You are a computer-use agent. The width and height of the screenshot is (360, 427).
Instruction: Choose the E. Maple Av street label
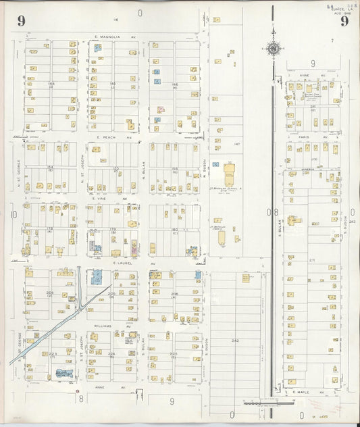pyautogui.click(x=305, y=391)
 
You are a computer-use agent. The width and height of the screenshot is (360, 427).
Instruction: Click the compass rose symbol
pyautogui.click(x=274, y=49)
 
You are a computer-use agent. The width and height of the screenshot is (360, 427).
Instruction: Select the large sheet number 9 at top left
pyautogui.click(x=22, y=21)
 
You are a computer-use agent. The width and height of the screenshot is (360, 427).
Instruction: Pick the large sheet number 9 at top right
pyautogui.click(x=344, y=21)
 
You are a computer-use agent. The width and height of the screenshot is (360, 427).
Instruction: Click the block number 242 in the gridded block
pyautogui.click(x=235, y=341)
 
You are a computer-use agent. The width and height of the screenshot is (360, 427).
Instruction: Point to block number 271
pyautogui.click(x=312, y=260)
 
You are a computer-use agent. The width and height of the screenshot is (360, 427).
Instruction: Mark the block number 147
pyautogui.click(x=237, y=144)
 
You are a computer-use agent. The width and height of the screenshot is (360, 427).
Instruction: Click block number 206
pyautogui.click(x=174, y=294)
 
